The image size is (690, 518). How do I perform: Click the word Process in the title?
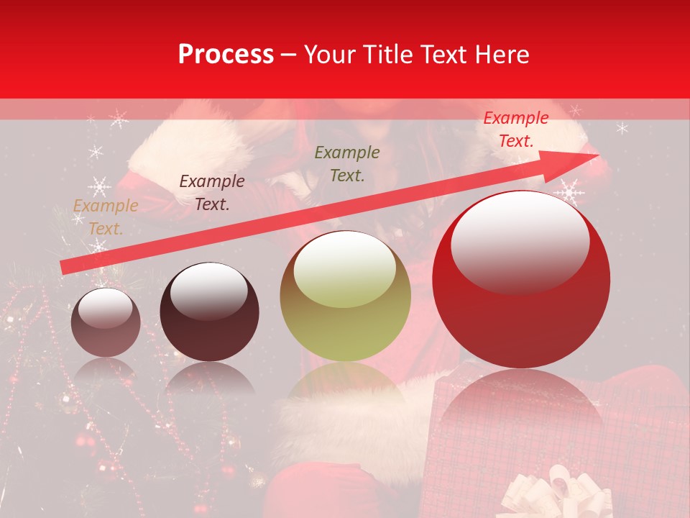click(x=226, y=55)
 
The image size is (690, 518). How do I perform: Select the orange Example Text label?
click(x=105, y=217)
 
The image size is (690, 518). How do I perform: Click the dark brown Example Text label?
click(x=211, y=193)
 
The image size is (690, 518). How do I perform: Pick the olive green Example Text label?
click(x=347, y=163)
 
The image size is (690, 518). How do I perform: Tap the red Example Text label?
click(x=515, y=129)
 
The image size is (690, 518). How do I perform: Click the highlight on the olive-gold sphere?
click(x=345, y=270)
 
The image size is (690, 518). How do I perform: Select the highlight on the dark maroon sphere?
click(x=208, y=291)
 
